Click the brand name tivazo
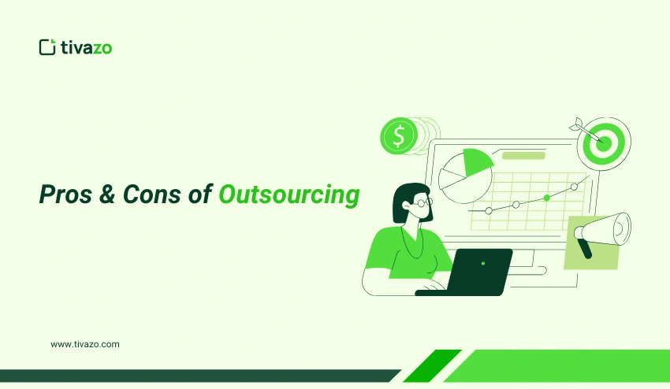[x=87, y=47]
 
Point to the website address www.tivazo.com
[x=85, y=344]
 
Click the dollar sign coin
[x=399, y=136]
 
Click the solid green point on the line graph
[x=546, y=198]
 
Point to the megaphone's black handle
[x=585, y=248]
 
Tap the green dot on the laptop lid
[x=482, y=263]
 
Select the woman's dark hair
[x=404, y=201]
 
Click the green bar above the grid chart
[x=523, y=155]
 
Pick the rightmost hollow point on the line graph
[x=574, y=187]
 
